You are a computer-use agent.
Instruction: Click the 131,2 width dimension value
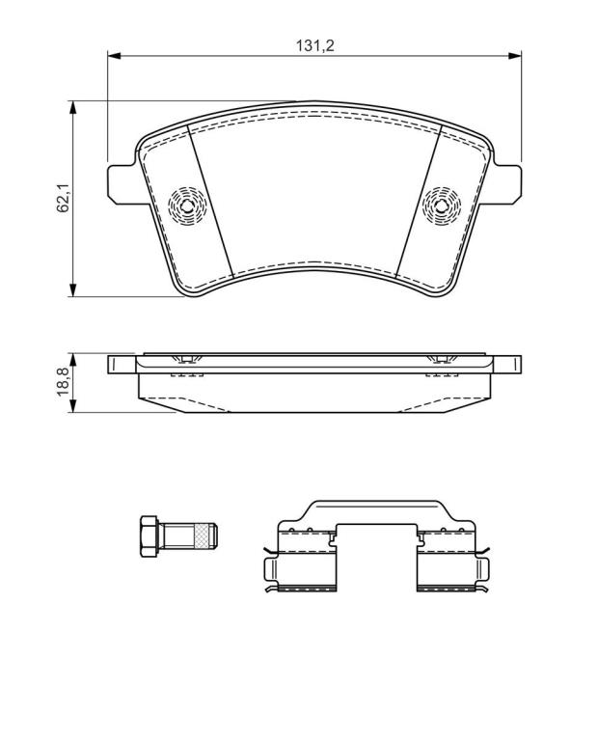coord(315,45)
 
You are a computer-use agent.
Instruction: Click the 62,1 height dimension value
coord(64,198)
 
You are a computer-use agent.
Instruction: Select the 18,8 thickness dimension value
coord(64,382)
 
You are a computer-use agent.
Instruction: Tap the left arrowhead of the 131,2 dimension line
coord(115,56)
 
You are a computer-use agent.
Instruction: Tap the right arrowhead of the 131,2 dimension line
coord(514,56)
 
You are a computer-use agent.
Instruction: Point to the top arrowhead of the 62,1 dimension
coord(72,107)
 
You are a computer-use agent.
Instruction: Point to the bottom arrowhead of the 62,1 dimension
coord(72,290)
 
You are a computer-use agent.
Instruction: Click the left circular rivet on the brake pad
coord(187,206)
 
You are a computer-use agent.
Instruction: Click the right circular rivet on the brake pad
coord(442,206)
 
